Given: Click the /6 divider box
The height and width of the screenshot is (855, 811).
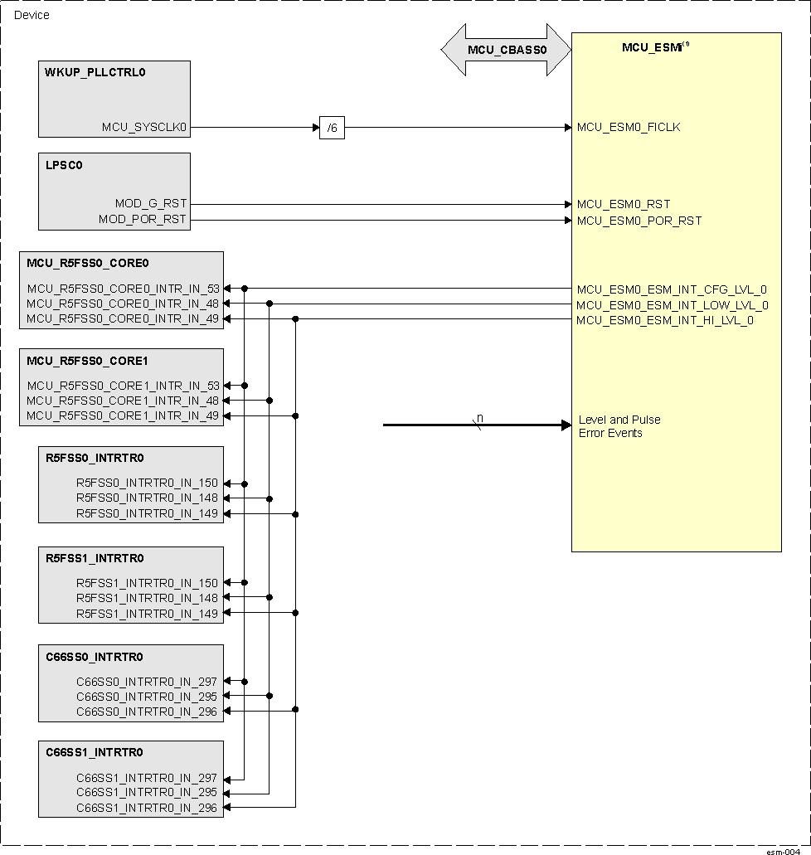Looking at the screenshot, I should [332, 129].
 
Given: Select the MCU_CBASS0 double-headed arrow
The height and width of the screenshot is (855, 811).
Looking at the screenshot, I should [506, 50].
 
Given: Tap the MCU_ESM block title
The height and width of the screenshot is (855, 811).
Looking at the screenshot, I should [653, 48].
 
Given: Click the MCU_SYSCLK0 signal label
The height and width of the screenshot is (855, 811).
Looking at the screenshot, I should [145, 128].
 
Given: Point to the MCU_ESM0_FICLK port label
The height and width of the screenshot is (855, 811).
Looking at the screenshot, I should [629, 128].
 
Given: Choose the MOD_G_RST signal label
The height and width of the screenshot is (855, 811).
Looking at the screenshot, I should [151, 204].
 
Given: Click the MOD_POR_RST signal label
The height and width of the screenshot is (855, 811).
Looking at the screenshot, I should [143, 221].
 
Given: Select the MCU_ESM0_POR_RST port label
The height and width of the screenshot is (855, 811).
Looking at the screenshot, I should [639, 221].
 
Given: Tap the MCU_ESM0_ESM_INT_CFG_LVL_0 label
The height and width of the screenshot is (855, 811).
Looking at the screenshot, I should [672, 289].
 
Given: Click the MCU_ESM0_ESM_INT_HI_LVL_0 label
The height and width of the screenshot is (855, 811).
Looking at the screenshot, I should [665, 320].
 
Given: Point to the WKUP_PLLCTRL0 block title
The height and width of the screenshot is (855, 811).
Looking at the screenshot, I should [95, 72].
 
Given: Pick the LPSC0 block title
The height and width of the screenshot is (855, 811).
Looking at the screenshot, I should [64, 165].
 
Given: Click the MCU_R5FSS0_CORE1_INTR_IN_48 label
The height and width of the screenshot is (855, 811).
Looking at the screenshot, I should [123, 401].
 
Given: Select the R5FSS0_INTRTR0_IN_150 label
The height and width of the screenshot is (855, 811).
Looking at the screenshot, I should [147, 483].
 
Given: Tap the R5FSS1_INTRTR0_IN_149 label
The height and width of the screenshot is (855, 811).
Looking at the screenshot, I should [147, 614].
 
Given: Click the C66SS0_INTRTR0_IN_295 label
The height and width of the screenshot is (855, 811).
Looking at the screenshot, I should [147, 697].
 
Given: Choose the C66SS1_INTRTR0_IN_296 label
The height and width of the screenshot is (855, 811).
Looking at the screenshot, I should [147, 808].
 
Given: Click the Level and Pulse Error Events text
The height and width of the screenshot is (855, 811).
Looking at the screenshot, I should [619, 426].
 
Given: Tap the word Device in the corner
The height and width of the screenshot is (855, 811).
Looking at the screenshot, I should [32, 15].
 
